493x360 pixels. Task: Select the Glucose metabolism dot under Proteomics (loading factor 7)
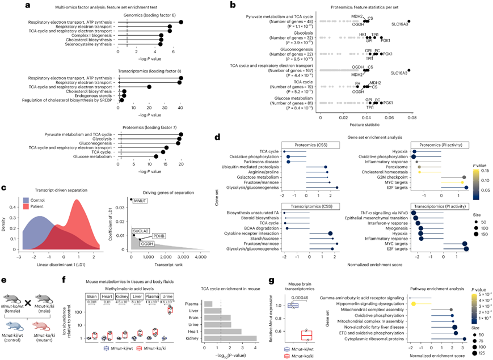tap(156, 156)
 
